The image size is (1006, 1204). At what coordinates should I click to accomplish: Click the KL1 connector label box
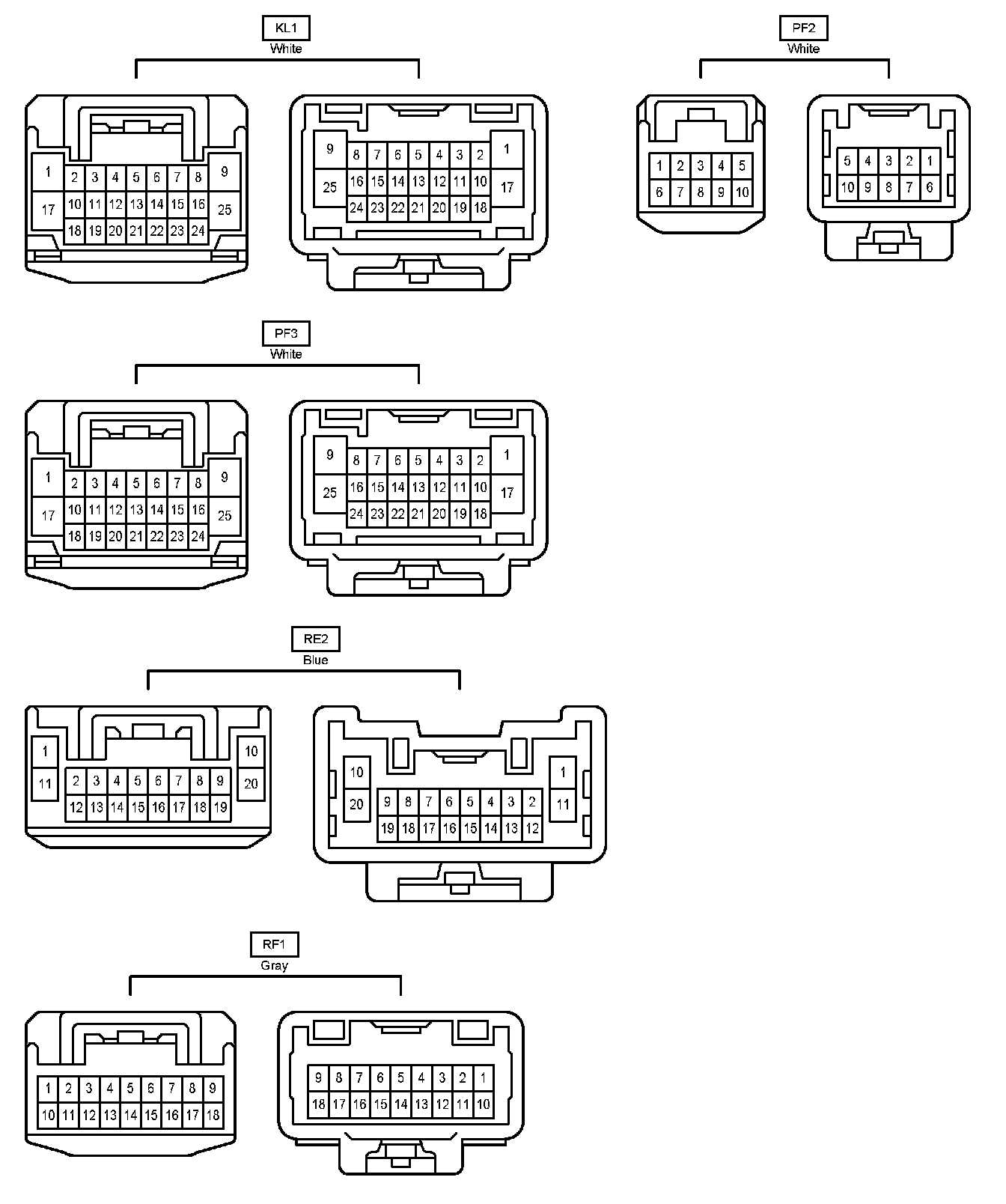pos(286,28)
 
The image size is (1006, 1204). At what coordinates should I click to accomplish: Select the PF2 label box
pos(803,28)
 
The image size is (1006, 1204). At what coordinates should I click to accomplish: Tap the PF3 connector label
pos(286,334)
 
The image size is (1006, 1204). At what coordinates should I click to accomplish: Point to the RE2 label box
pos(315,639)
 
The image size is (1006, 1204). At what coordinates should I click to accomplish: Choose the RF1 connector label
pos(274,945)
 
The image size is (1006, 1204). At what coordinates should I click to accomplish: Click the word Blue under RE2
pos(315,660)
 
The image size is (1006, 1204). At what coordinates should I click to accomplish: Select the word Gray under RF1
pos(274,965)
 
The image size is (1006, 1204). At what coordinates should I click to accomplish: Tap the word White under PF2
pos(803,49)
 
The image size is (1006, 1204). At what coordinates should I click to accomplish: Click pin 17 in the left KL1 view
pos(49,210)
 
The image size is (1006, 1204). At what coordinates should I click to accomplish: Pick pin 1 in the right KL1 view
pos(507,149)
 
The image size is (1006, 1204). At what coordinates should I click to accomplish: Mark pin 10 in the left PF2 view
pos(742,192)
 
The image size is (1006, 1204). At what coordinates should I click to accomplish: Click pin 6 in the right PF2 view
pos(930,187)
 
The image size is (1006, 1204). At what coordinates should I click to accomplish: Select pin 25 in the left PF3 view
pos(225,515)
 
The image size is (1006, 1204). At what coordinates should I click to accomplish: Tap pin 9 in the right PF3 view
pos(330,454)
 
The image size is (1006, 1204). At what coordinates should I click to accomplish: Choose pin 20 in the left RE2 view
pos(251,783)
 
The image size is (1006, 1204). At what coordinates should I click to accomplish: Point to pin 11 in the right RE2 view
pos(563,805)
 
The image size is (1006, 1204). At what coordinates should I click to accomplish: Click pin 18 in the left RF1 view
pos(213,1115)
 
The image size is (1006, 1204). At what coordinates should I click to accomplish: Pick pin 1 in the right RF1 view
pos(484,1078)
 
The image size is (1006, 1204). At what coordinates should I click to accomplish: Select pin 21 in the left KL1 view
pos(136,231)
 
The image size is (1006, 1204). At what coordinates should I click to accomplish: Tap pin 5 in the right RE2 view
pos(470,802)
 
